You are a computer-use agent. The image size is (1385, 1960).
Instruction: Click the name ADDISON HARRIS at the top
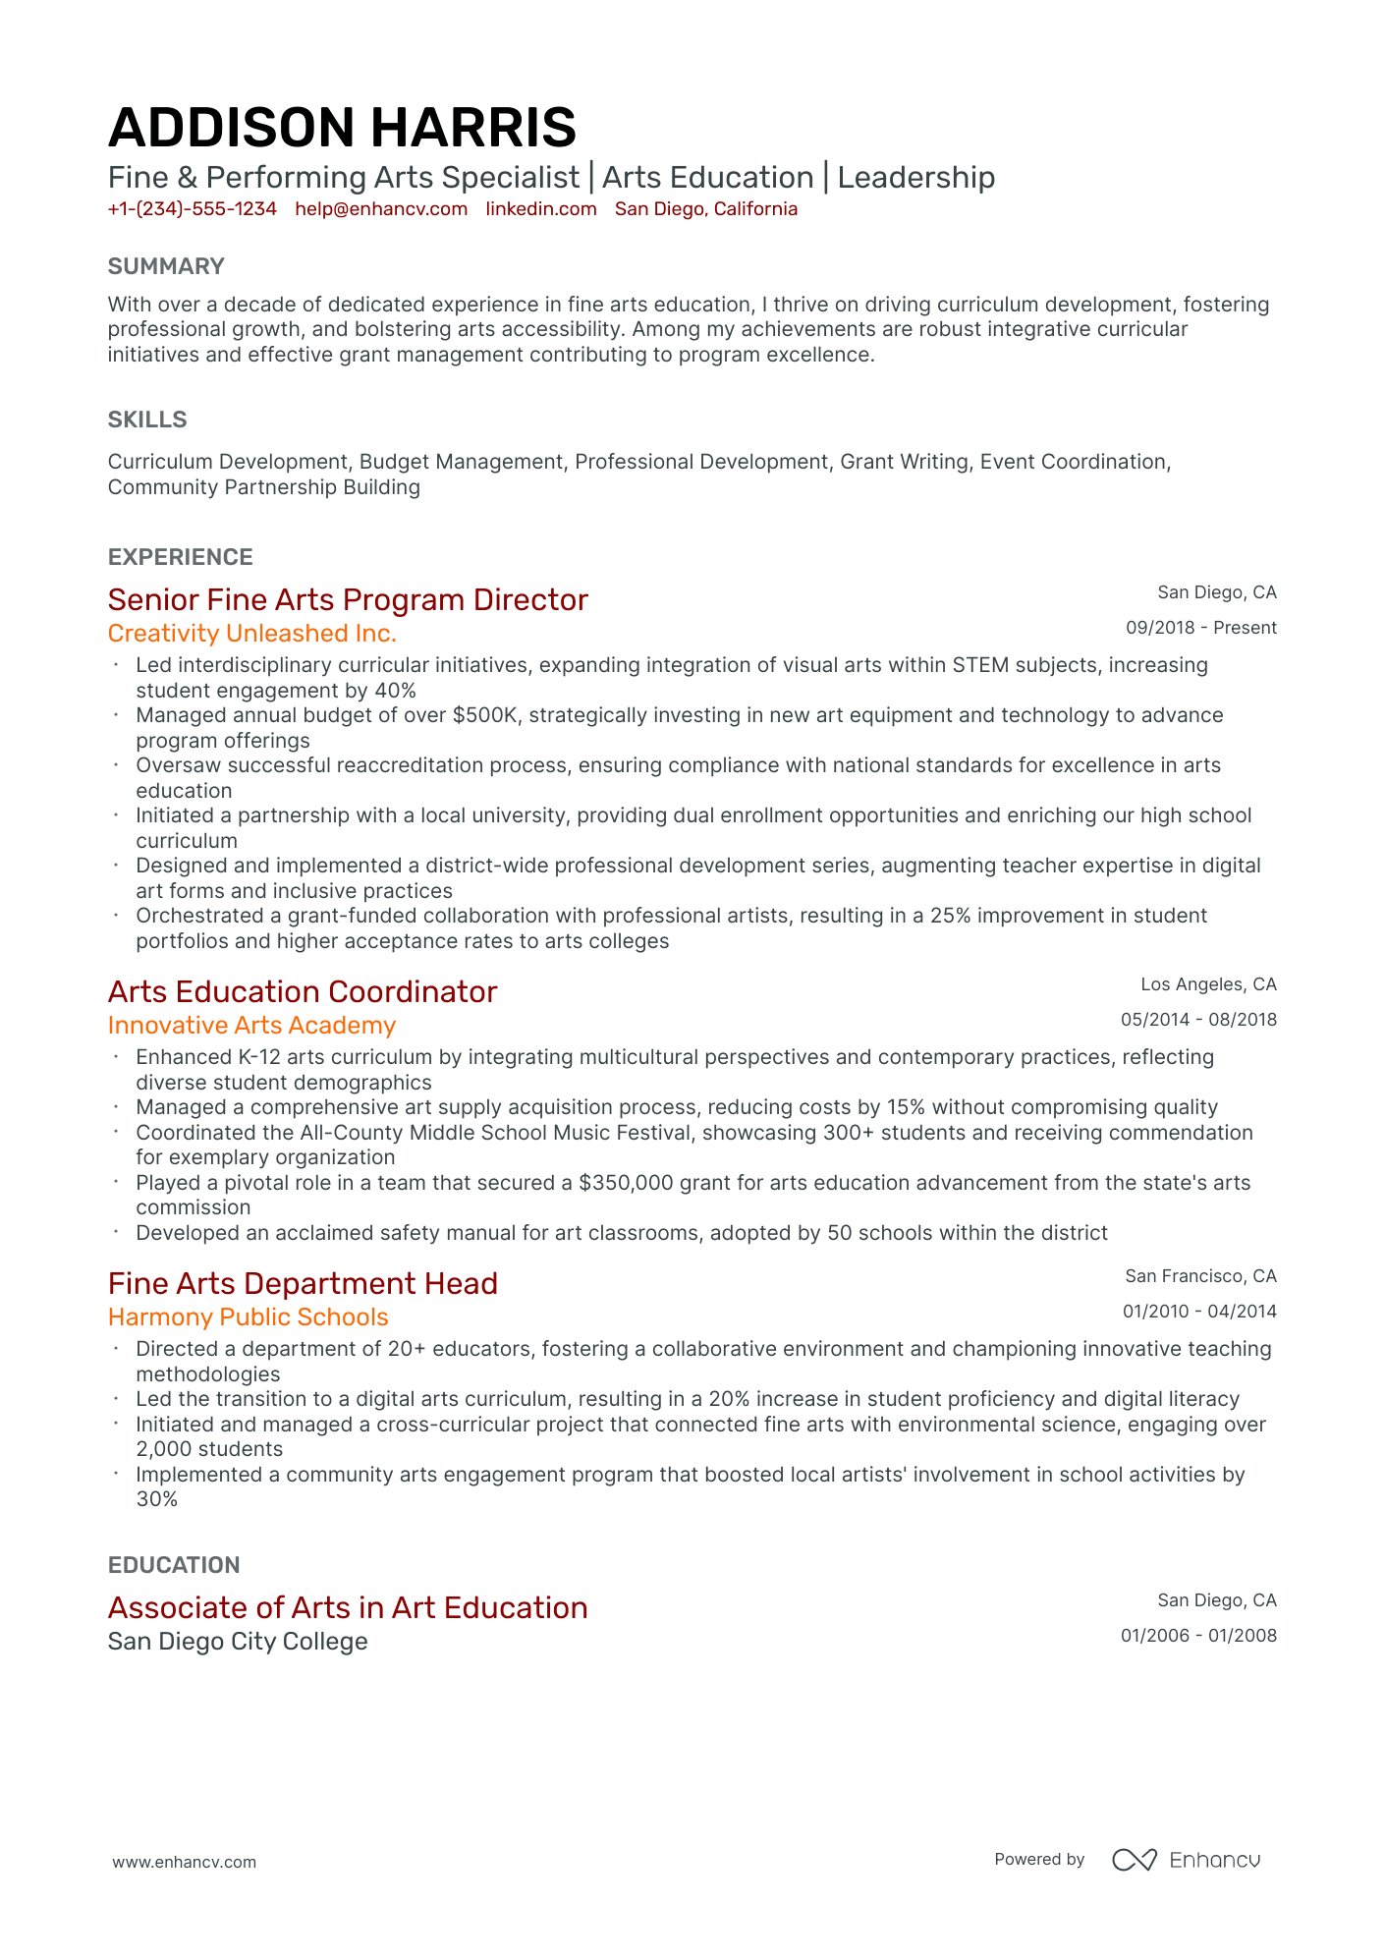tap(342, 128)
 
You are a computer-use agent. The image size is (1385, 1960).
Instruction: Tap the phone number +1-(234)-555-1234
tap(192, 209)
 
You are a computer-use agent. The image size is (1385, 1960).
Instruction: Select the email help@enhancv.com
tap(381, 209)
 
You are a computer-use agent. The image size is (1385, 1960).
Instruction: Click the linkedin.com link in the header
tap(541, 209)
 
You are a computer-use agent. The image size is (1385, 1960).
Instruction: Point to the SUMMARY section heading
tap(166, 266)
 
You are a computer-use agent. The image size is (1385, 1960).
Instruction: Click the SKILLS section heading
tap(147, 420)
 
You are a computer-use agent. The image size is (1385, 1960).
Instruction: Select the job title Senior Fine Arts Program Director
tap(348, 600)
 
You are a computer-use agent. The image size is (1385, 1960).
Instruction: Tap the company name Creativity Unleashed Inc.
tap(252, 634)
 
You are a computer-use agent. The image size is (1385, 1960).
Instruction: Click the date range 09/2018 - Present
tap(1200, 628)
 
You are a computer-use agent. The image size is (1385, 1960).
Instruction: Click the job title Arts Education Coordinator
tap(303, 992)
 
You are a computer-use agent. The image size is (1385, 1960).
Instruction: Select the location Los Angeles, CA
tap(1208, 984)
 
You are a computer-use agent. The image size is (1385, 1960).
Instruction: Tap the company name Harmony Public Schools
tap(248, 1317)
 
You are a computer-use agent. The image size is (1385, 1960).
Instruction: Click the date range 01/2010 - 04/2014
tap(1199, 1312)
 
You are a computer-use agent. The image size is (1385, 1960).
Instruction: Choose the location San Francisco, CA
tap(1200, 1276)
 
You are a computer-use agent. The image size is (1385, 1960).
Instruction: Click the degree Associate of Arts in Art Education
tap(348, 1608)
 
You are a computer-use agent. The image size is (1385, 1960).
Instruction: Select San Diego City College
tap(238, 1642)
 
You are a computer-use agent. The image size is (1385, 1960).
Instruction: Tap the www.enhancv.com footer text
tap(184, 1862)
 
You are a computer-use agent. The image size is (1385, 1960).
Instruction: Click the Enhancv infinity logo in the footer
tap(1134, 1860)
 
